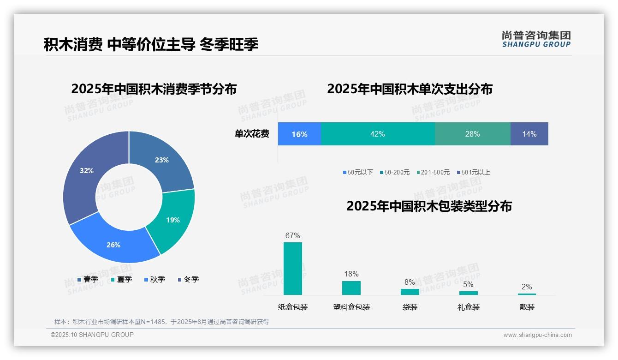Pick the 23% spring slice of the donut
(x=164, y=159)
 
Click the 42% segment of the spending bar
(x=377, y=134)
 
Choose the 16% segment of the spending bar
(x=299, y=134)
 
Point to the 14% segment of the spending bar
(x=529, y=134)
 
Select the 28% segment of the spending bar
(x=472, y=134)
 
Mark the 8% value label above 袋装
(x=410, y=282)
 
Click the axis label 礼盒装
(x=469, y=307)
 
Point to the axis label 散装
(x=527, y=307)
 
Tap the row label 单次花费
(x=252, y=134)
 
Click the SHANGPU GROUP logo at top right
(x=536, y=39)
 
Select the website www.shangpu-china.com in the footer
(x=537, y=335)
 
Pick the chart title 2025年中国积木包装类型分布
(x=429, y=206)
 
